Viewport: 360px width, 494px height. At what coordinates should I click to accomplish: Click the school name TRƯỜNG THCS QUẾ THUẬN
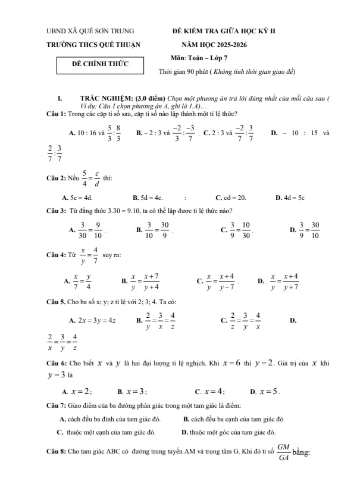coord(93,45)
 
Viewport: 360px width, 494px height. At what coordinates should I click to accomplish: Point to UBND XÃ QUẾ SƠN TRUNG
coord(90,31)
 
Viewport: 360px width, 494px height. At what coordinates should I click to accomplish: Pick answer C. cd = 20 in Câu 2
coord(230,197)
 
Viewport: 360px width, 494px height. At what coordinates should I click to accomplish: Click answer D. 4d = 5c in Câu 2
coord(290,197)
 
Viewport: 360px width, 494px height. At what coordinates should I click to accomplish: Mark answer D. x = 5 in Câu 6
coord(265,392)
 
